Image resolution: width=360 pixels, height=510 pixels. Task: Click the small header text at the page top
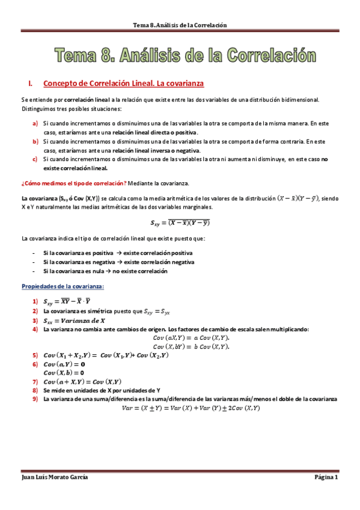point(180,25)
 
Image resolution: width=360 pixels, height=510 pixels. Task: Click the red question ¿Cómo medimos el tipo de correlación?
point(74,182)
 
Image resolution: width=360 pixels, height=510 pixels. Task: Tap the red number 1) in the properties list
point(36,302)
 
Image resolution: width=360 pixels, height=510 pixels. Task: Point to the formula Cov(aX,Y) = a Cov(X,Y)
point(191,338)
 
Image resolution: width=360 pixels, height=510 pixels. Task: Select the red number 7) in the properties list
point(36,381)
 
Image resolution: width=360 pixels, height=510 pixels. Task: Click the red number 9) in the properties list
point(36,399)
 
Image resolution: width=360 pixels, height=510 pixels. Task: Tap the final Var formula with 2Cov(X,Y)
point(191,408)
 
